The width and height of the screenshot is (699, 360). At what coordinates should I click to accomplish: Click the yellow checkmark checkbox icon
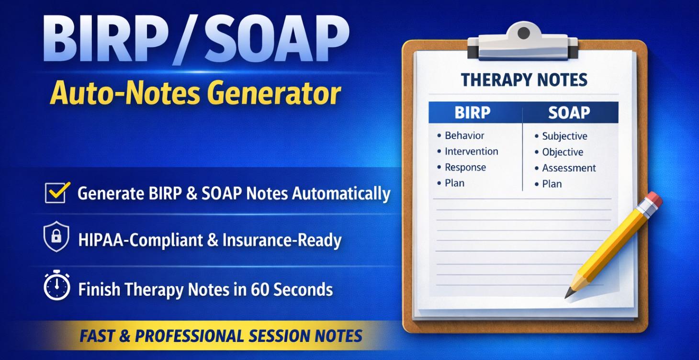57,192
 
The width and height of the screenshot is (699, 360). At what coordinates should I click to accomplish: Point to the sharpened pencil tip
568,294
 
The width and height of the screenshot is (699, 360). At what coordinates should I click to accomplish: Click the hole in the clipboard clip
524,33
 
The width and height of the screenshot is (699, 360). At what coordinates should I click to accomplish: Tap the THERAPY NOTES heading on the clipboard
524,80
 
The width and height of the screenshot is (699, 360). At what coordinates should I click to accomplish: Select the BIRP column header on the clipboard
472,112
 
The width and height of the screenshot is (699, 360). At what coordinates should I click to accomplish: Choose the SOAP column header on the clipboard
569,112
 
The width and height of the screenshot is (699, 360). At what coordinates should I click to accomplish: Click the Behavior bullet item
464,135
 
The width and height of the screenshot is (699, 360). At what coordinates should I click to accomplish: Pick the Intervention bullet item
471,151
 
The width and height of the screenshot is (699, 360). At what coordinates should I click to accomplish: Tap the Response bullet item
465,167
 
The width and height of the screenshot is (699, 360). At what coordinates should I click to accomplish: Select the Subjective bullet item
564,136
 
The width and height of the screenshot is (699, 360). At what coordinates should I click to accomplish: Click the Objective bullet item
563,152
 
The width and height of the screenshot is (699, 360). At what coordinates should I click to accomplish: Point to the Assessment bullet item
569,168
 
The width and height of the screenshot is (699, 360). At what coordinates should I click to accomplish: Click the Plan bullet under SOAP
552,184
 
